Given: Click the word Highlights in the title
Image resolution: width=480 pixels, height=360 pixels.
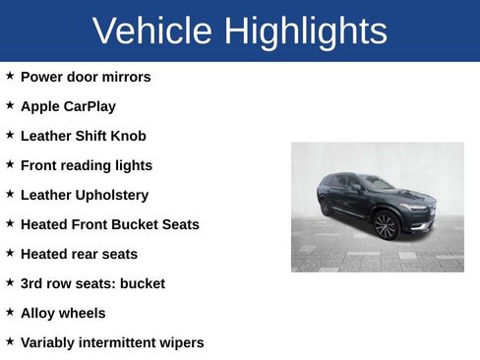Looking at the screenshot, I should tap(305, 31).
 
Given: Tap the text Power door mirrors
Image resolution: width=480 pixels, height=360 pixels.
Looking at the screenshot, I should tap(86, 77).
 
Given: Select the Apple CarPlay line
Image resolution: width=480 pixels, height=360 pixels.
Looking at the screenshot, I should tap(68, 106).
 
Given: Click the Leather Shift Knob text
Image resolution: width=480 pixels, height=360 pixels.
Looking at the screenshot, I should tap(83, 136).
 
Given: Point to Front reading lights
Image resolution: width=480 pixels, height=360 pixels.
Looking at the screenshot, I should tap(87, 165).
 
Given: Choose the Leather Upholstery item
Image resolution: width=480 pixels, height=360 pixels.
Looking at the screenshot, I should tap(85, 195).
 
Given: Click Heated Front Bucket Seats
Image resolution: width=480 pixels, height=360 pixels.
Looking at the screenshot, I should tap(109, 224).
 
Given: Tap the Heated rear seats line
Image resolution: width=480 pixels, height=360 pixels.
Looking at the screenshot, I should tap(79, 254).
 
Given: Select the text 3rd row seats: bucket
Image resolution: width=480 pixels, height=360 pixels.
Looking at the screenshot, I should tap(92, 283).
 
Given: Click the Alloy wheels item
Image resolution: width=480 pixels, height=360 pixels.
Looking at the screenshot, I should tap(63, 313).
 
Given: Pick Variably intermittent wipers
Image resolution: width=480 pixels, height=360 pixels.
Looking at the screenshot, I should tap(112, 342).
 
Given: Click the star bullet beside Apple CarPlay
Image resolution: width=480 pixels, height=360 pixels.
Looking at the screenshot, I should tap(10, 104).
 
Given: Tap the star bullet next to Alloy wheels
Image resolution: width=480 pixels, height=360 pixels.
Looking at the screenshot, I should tap(10, 311).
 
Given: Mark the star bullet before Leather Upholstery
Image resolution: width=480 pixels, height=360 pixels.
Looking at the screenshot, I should tap(10, 193).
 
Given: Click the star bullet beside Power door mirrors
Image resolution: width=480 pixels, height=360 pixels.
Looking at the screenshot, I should tap(10, 75).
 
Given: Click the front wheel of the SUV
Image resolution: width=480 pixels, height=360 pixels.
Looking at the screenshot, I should tap(386, 225).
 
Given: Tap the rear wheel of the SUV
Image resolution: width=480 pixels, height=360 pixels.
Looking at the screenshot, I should tap(327, 207).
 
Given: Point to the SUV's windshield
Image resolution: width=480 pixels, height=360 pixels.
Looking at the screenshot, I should tap(375, 183).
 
